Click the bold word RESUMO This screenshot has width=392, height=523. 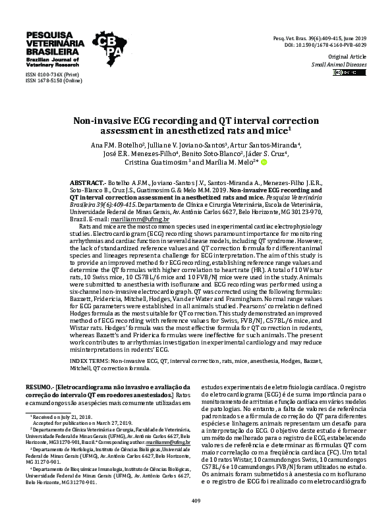pos(38,387)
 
